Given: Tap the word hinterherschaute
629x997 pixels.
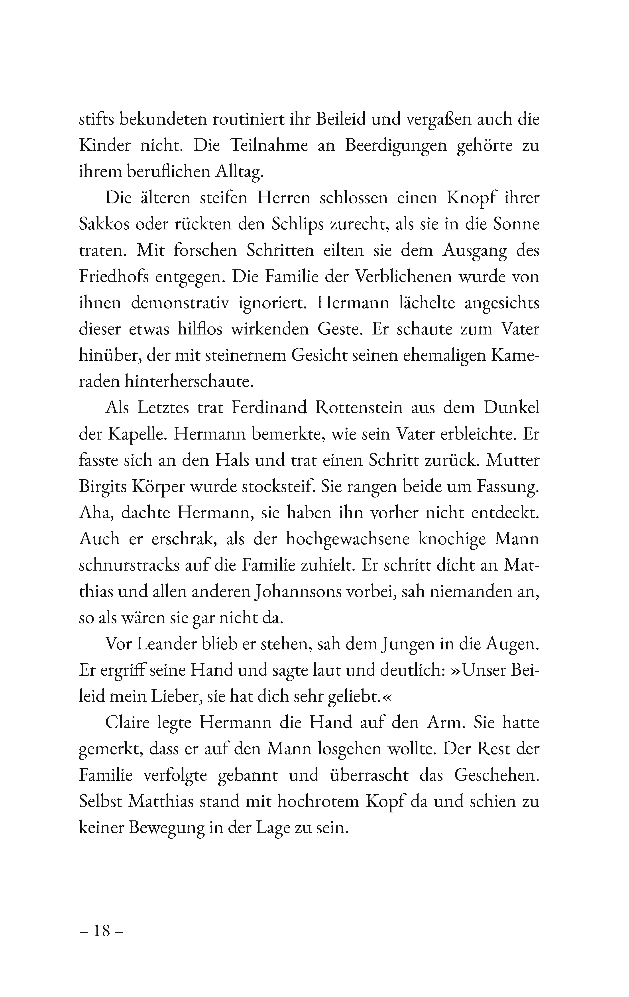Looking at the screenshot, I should (189, 382).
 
